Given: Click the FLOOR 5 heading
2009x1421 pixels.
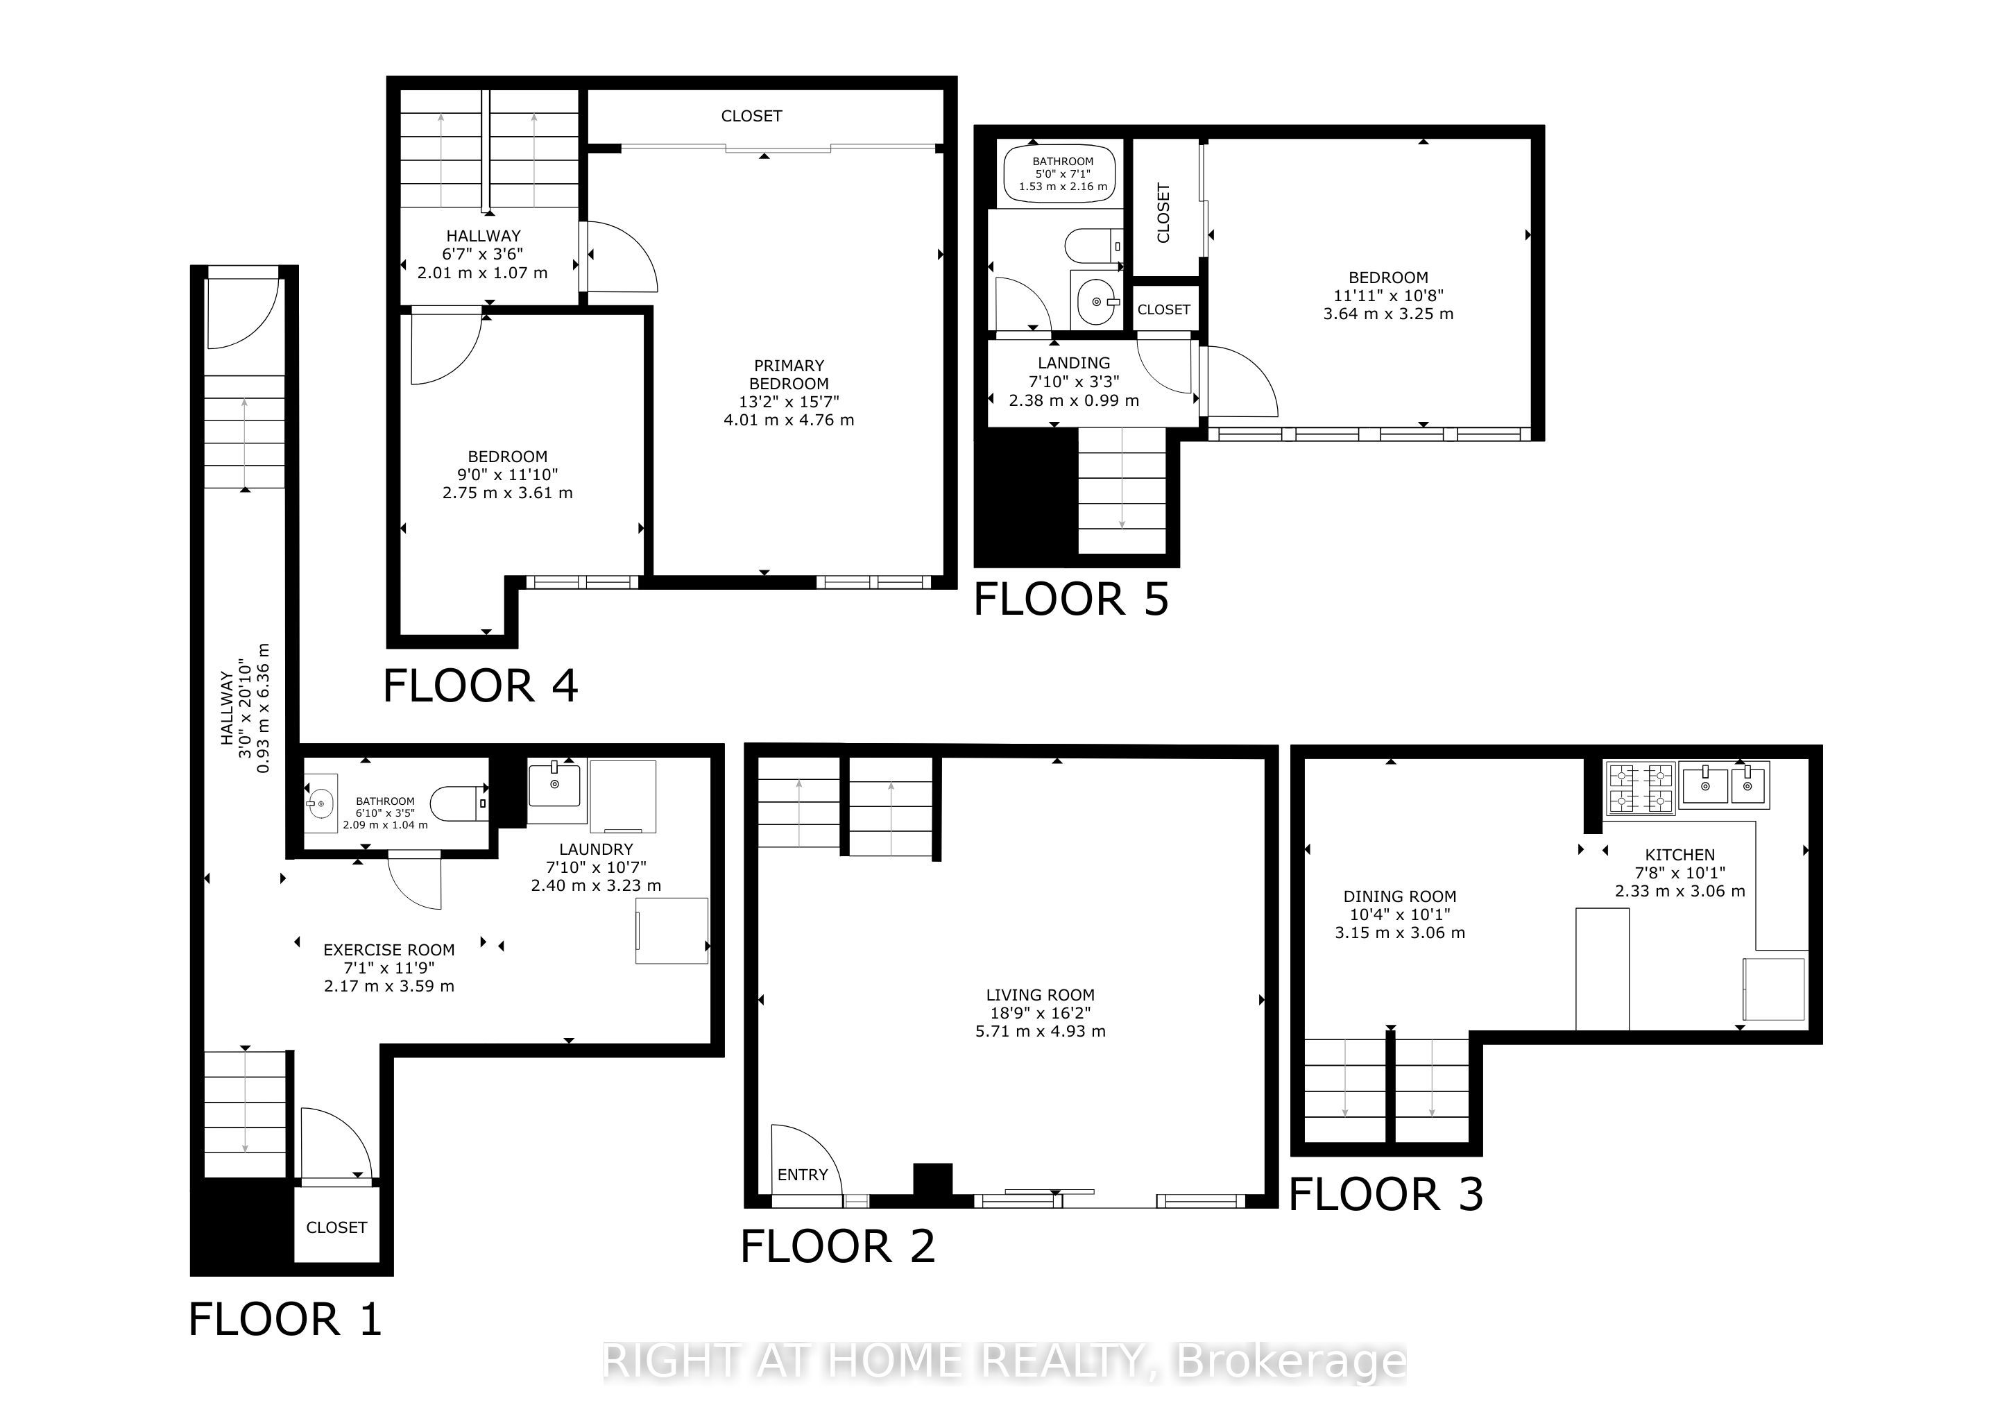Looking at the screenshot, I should [x=1070, y=600].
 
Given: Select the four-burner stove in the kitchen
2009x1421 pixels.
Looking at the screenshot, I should [x=1639, y=788].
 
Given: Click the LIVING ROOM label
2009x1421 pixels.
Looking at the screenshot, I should [x=1039, y=995].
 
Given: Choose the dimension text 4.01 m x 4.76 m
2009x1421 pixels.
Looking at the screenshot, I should [x=788, y=420].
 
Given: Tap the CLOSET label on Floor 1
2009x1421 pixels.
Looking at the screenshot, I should [x=336, y=1227].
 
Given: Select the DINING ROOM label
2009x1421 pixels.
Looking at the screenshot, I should [x=1399, y=896].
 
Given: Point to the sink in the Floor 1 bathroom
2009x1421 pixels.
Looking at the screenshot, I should [x=320, y=802].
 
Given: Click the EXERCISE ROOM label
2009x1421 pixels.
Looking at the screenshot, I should [x=388, y=949].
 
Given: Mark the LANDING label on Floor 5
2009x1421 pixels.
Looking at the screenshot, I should [x=1074, y=362].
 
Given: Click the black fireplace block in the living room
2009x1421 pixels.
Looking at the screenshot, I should [x=933, y=1180].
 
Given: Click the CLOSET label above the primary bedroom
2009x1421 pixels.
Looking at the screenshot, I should [x=751, y=115].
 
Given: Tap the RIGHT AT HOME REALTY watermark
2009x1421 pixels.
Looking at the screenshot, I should [x=1004, y=1361].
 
